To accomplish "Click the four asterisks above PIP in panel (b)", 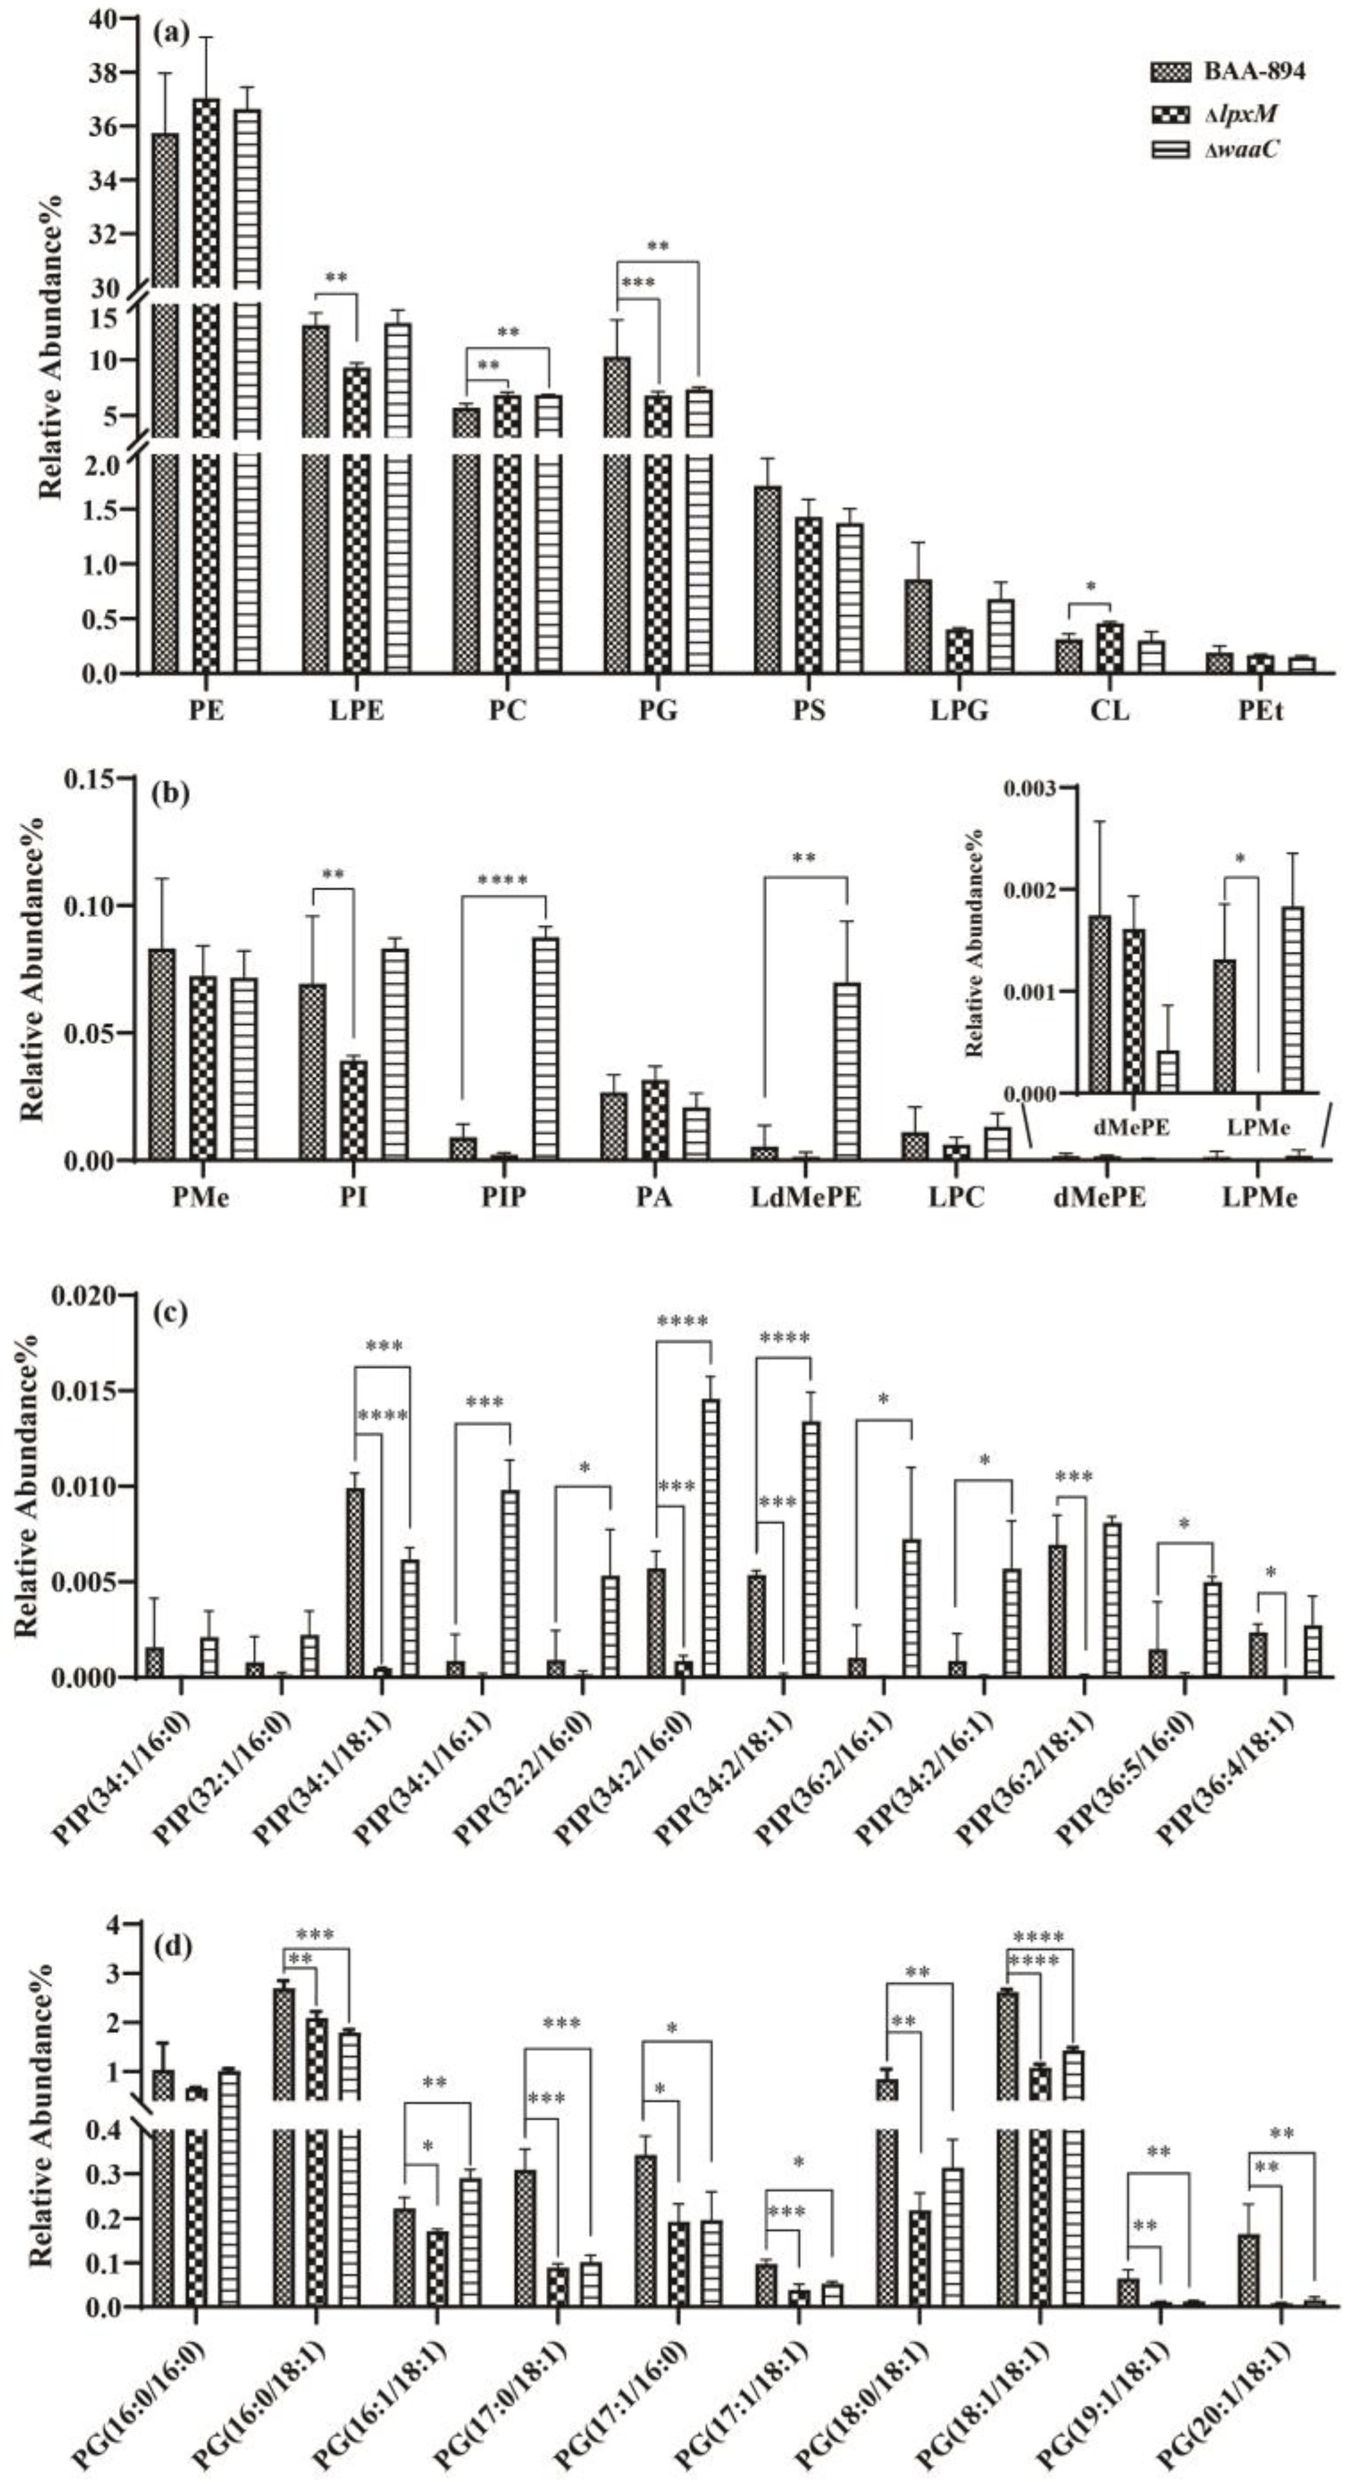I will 503,881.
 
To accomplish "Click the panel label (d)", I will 171,1948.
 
